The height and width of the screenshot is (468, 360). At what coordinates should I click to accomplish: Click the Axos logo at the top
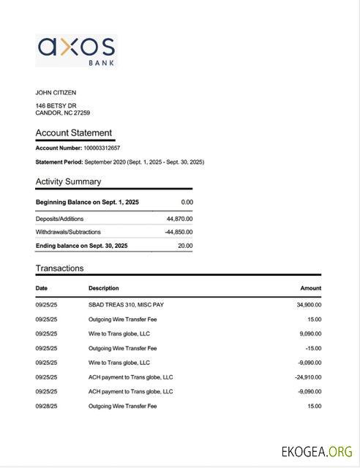coord(76,50)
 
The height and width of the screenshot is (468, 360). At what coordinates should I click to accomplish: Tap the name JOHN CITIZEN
coord(56,93)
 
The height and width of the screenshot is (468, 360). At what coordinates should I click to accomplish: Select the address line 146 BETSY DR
coord(56,106)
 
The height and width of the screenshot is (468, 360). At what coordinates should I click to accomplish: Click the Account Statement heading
coord(74,133)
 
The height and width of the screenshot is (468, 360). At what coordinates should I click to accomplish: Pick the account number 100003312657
coord(102,148)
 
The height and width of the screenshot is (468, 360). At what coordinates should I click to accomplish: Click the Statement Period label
coord(59,162)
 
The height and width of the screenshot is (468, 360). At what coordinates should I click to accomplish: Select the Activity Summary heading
coord(68,181)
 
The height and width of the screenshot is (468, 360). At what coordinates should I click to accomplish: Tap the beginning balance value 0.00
coord(187,202)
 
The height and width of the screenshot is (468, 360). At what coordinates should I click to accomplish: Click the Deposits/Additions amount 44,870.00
coord(179,219)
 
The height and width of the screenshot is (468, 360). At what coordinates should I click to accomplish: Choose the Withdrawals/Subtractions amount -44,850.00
coord(179,232)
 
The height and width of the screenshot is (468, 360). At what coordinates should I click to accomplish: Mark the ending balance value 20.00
coord(185,246)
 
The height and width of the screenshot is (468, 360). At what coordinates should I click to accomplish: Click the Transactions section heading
coord(59,268)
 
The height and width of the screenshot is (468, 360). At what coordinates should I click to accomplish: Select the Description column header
coord(103,288)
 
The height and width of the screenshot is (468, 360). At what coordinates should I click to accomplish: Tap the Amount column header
coord(310,288)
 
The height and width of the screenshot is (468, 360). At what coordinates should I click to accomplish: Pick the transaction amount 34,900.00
coord(308,305)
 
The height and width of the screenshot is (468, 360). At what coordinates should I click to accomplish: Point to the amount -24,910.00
coord(307,377)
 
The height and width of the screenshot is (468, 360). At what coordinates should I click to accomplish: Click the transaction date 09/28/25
coord(46,406)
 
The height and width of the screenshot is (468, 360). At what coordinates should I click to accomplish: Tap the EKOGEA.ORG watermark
coord(317,451)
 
